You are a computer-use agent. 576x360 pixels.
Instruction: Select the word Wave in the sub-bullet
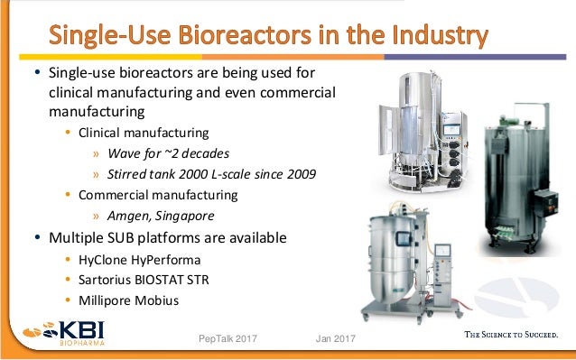[x=124, y=153]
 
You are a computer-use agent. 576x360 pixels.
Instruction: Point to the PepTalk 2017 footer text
[x=228, y=338]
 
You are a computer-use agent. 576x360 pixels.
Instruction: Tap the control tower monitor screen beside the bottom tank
[x=444, y=252]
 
